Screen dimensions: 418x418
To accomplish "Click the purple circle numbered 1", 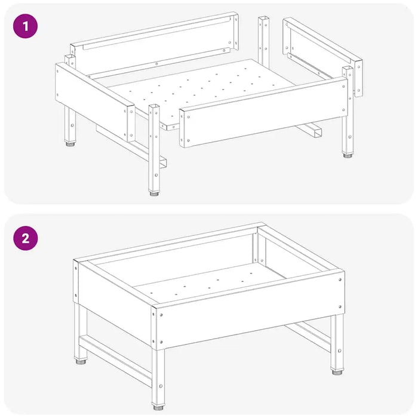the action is pyautogui.click(x=25, y=26).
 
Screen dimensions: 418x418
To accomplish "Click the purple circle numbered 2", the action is pyautogui.click(x=26, y=238).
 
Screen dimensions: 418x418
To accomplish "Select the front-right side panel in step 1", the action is pyautogui.click(x=264, y=112).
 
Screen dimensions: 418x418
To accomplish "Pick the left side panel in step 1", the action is pyautogui.click(x=95, y=102).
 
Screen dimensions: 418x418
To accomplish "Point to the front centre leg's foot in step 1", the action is pyautogui.click(x=154, y=193).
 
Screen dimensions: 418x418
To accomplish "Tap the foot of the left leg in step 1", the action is pyautogui.click(x=70, y=144).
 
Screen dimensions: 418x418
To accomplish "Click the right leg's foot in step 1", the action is pyautogui.click(x=348, y=155).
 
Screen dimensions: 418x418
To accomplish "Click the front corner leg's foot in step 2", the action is pyautogui.click(x=158, y=407).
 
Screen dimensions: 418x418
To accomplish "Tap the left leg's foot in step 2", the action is pyautogui.click(x=81, y=362).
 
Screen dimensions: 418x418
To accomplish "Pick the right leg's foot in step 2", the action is pyautogui.click(x=337, y=371).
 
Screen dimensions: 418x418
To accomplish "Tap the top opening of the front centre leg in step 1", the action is pyautogui.click(x=154, y=106).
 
